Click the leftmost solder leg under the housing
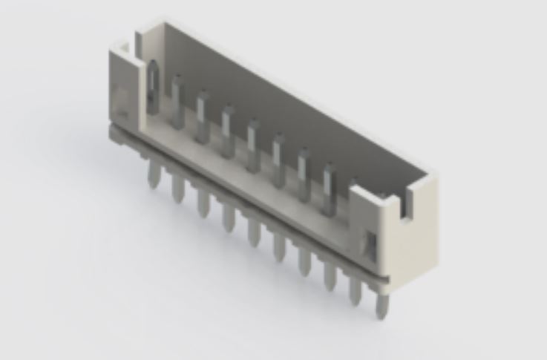click(x=154, y=175)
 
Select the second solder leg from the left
click(x=177, y=188)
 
